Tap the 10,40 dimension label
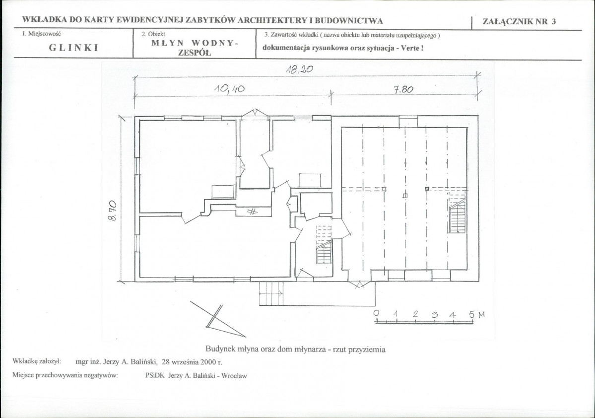[x=230, y=89]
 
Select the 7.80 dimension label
[x=403, y=89]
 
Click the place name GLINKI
[x=74, y=48]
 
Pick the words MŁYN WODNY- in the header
[x=195, y=43]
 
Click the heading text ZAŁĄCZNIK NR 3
[x=519, y=21]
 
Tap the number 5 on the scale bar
[x=471, y=314]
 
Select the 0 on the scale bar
[x=376, y=313]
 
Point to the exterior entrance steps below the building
[x=271, y=293]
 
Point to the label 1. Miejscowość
[x=41, y=34]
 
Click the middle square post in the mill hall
[x=405, y=196]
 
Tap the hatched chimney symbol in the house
[x=252, y=211]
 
